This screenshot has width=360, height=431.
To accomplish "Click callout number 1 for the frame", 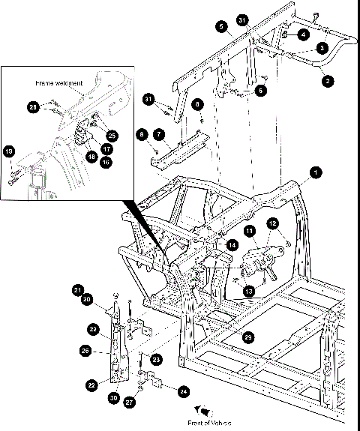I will click(x=316, y=172).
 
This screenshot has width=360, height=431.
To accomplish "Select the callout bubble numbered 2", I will click(x=326, y=77).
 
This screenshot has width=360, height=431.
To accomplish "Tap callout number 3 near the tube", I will click(x=320, y=48).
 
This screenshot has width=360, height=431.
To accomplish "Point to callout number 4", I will click(x=302, y=34).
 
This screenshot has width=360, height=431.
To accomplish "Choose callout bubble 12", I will click(x=272, y=223).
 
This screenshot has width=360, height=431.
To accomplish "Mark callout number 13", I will click(x=248, y=290).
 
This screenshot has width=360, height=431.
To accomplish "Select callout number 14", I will click(x=232, y=245).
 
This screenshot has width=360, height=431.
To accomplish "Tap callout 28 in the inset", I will click(x=33, y=107).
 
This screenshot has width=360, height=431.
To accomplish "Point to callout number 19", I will click(x=10, y=152).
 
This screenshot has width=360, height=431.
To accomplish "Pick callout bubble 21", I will click(x=76, y=290).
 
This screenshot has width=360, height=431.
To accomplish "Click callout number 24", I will click(x=184, y=390).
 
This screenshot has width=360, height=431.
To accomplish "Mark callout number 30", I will click(x=113, y=398).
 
